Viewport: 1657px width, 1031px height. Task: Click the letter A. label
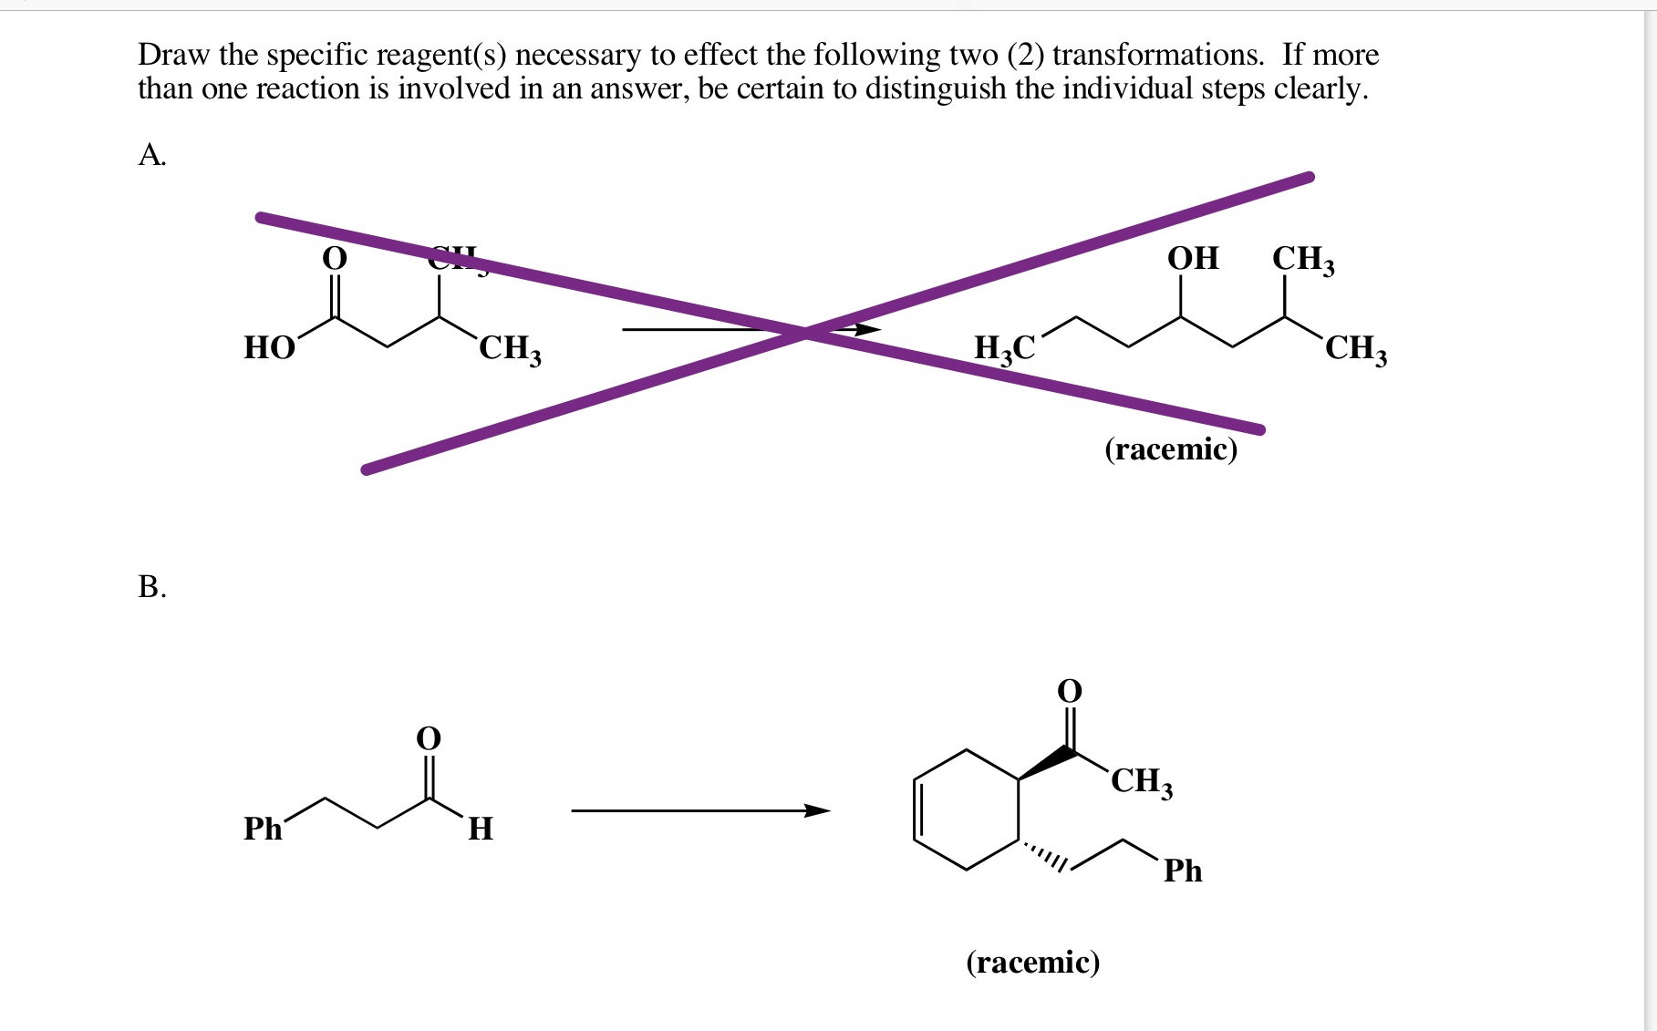[151, 155]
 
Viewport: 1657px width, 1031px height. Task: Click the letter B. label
[151, 586]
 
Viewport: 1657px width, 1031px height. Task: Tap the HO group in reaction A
[269, 348]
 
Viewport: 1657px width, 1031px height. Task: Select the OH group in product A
[1193, 258]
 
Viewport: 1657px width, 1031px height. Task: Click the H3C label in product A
[1004, 348]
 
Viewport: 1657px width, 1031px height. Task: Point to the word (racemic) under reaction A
[1171, 448]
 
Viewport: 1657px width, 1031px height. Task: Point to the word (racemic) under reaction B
[1033, 962]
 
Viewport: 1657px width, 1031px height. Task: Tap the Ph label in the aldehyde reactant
[263, 829]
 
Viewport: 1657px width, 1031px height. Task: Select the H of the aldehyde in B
[481, 829]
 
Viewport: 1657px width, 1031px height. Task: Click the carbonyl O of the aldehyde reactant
[428, 737]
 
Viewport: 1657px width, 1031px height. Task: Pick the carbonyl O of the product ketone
[1070, 691]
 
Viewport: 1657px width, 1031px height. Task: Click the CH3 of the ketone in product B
[1142, 781]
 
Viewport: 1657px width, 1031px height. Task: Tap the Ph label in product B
[1183, 871]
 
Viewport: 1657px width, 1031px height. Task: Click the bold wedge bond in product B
[1047, 764]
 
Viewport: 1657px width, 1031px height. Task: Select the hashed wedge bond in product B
[1045, 856]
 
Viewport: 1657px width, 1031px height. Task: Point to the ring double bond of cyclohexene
[917, 809]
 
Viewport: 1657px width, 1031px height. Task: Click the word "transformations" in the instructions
[1158, 55]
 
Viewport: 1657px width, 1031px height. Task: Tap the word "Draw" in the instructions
[173, 55]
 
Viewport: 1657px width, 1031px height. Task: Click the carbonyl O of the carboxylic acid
[335, 259]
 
